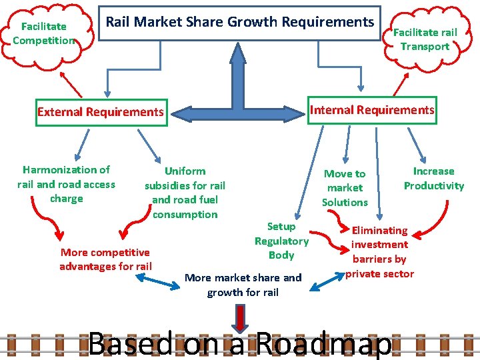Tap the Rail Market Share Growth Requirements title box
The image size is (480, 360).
(240, 22)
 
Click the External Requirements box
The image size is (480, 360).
(101, 112)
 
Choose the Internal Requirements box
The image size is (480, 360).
(372, 110)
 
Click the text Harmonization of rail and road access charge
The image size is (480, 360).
(66, 184)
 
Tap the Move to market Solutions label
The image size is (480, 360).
(345, 187)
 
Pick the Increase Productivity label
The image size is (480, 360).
(433, 179)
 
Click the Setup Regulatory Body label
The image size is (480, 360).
(281, 241)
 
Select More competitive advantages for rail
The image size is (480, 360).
(105, 259)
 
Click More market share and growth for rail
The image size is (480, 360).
(243, 285)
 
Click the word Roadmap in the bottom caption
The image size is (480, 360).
(323, 344)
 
